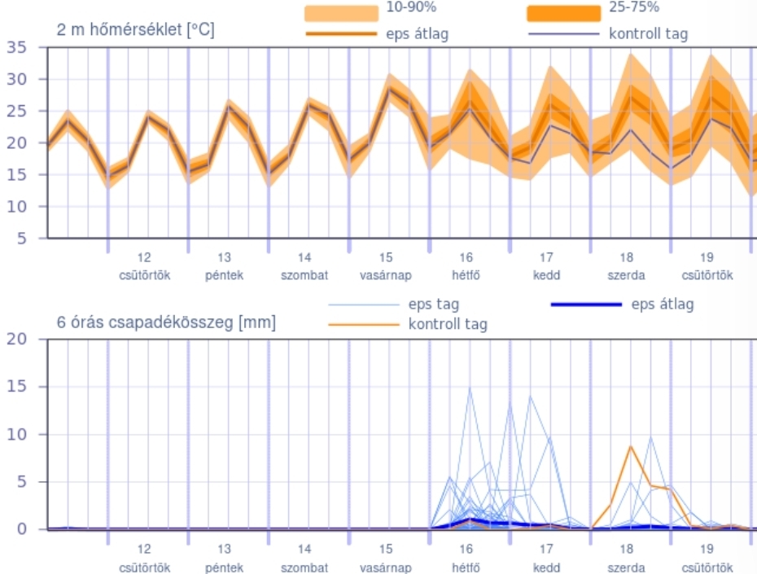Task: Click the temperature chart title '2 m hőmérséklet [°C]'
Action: click(x=136, y=30)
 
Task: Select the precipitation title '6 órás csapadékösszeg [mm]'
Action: click(x=166, y=322)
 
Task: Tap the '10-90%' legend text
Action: click(x=411, y=7)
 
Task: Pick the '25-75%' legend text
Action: click(x=634, y=7)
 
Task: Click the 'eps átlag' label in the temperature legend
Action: click(x=418, y=33)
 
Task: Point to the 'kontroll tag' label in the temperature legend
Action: click(x=648, y=33)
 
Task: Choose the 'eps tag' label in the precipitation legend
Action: click(x=434, y=305)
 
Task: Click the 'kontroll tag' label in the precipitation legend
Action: click(x=448, y=324)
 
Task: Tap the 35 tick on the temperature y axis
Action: click(x=17, y=47)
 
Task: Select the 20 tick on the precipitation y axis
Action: click(x=17, y=340)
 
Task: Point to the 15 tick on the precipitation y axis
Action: click(x=17, y=387)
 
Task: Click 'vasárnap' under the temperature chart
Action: click(x=386, y=275)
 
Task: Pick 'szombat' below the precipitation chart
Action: click(x=304, y=567)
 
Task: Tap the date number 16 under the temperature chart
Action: click(x=466, y=256)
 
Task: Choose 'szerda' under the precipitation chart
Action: click(x=627, y=567)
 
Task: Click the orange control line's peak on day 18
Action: click(x=630, y=446)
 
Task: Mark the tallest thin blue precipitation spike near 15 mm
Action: click(x=470, y=389)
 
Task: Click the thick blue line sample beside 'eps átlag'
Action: click(x=586, y=305)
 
